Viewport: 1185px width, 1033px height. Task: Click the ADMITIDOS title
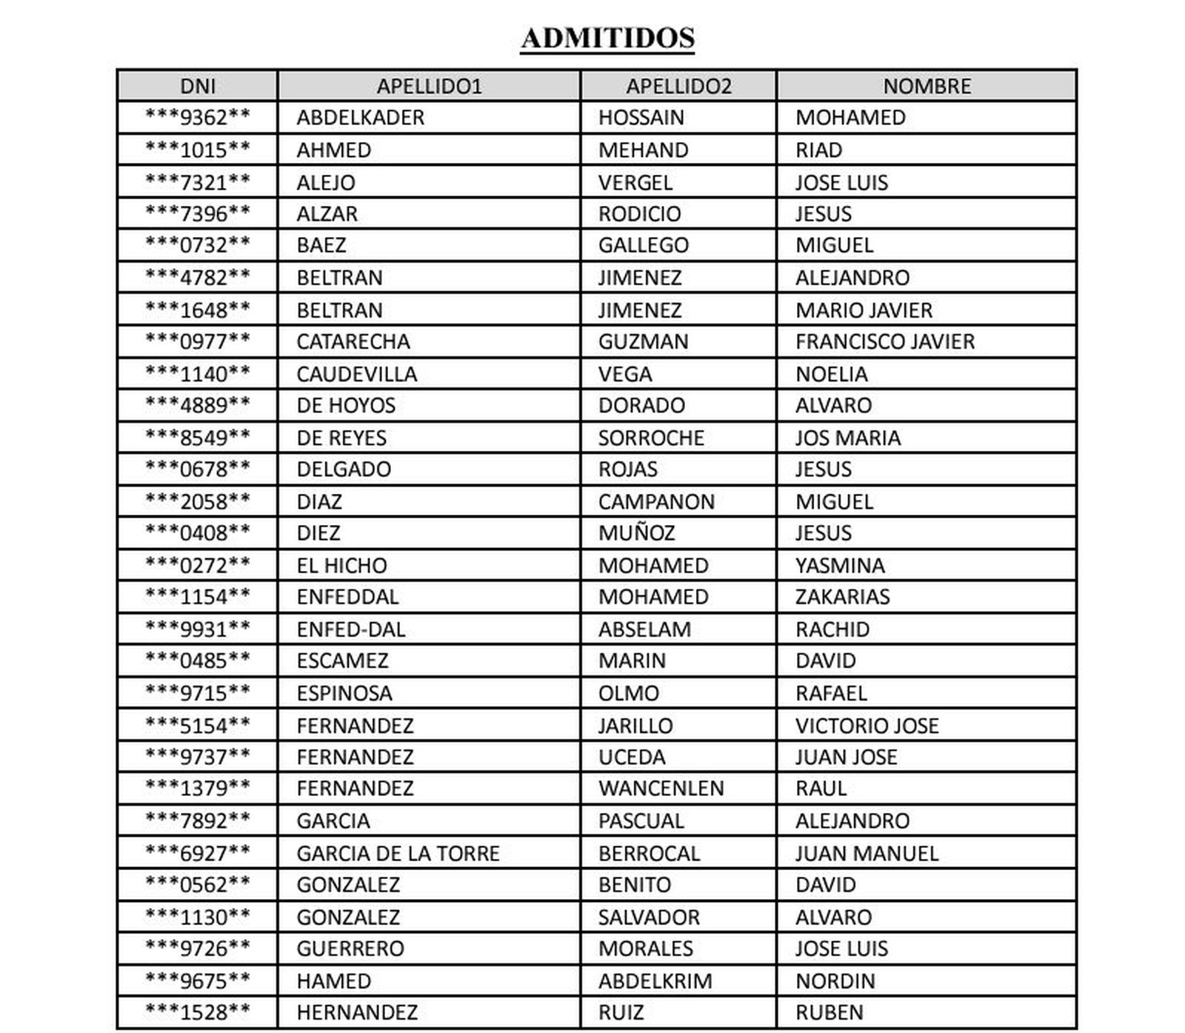click(x=607, y=38)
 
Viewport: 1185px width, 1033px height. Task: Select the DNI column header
click(x=198, y=86)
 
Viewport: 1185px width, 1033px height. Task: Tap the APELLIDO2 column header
click(x=678, y=86)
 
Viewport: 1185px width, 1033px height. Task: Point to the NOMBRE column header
click(x=927, y=86)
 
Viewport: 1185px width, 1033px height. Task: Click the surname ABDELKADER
click(x=360, y=118)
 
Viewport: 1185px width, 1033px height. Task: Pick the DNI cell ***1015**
click(x=198, y=150)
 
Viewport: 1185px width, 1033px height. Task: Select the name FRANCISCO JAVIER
click(x=884, y=341)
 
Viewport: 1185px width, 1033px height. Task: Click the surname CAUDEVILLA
click(x=356, y=374)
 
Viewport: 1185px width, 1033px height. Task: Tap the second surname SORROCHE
click(x=651, y=438)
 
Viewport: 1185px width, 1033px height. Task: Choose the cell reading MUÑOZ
click(x=636, y=533)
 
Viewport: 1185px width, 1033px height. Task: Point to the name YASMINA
click(x=840, y=566)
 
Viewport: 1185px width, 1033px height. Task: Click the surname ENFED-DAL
click(x=350, y=629)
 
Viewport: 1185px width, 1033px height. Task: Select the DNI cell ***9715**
click(x=198, y=693)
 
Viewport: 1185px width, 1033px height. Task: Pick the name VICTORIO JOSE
click(x=867, y=726)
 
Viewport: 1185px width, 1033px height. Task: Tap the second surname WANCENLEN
click(x=661, y=788)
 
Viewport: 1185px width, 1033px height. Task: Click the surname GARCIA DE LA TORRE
click(x=398, y=853)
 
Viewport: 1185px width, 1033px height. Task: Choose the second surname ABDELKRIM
click(x=655, y=981)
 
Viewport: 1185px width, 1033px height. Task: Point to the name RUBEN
click(x=829, y=1012)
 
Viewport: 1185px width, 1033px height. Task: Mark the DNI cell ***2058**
click(x=198, y=501)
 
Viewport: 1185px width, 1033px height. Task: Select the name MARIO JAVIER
click(x=864, y=310)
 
